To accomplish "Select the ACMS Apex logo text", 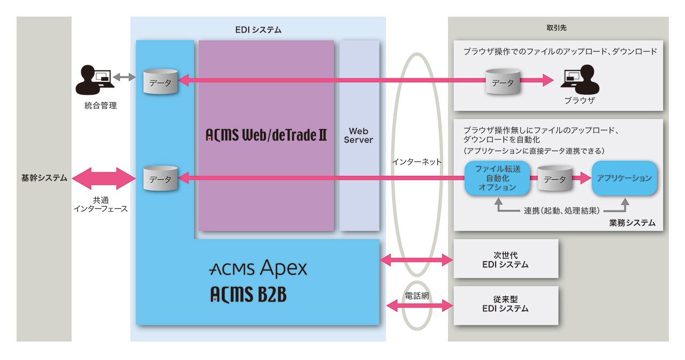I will point(258,269).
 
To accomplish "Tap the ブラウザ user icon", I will point(579,78).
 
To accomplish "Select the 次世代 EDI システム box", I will point(505,259).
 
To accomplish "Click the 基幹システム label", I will point(44,178).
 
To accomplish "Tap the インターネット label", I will point(417,162).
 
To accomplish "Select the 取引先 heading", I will point(558,27).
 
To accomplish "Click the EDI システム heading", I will point(258,30).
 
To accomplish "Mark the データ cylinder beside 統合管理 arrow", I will point(161,82).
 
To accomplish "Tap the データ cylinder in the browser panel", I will point(503,82).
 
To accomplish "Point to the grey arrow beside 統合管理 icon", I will point(124,78).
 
